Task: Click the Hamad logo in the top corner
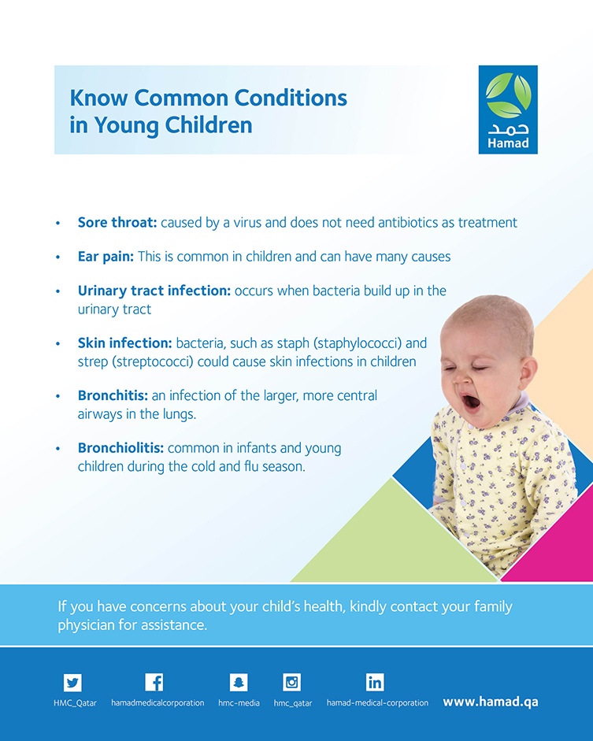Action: (508, 109)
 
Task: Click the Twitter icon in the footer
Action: (72, 683)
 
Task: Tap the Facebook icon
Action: (154, 682)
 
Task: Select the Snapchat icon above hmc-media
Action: (239, 683)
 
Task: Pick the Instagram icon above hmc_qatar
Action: (291, 683)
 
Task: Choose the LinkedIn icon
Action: (375, 683)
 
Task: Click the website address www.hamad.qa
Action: (491, 702)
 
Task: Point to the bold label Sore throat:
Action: (117, 223)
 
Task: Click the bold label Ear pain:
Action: (106, 257)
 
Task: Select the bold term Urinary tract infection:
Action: (154, 291)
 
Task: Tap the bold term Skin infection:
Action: (124, 343)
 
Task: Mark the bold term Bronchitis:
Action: (113, 395)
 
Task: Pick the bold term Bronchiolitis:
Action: (120, 447)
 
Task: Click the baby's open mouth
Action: (471, 402)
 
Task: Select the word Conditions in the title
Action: (291, 98)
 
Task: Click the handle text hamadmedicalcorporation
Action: (158, 702)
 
